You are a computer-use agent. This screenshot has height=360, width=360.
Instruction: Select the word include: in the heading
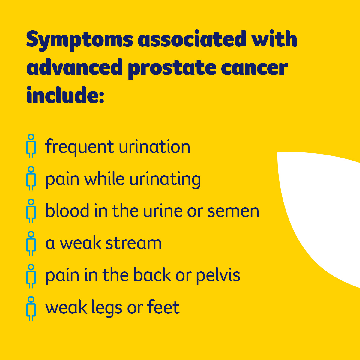tap(65, 95)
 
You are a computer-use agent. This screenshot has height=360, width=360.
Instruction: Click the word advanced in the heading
tap(75, 68)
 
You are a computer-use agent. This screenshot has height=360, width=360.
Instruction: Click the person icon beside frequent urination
tap(31, 146)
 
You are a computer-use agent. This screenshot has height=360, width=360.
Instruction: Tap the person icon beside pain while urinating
tap(31, 178)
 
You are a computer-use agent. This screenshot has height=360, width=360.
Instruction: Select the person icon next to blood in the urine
tap(31, 211)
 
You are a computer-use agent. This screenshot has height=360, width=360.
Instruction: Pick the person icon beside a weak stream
tap(31, 243)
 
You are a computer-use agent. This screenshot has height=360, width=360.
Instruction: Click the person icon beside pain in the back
tap(31, 276)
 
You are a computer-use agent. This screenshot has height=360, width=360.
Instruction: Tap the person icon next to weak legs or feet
tap(31, 308)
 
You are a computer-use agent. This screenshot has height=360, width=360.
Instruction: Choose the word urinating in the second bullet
tap(165, 180)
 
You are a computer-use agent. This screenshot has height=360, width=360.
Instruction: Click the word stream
tap(134, 243)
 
